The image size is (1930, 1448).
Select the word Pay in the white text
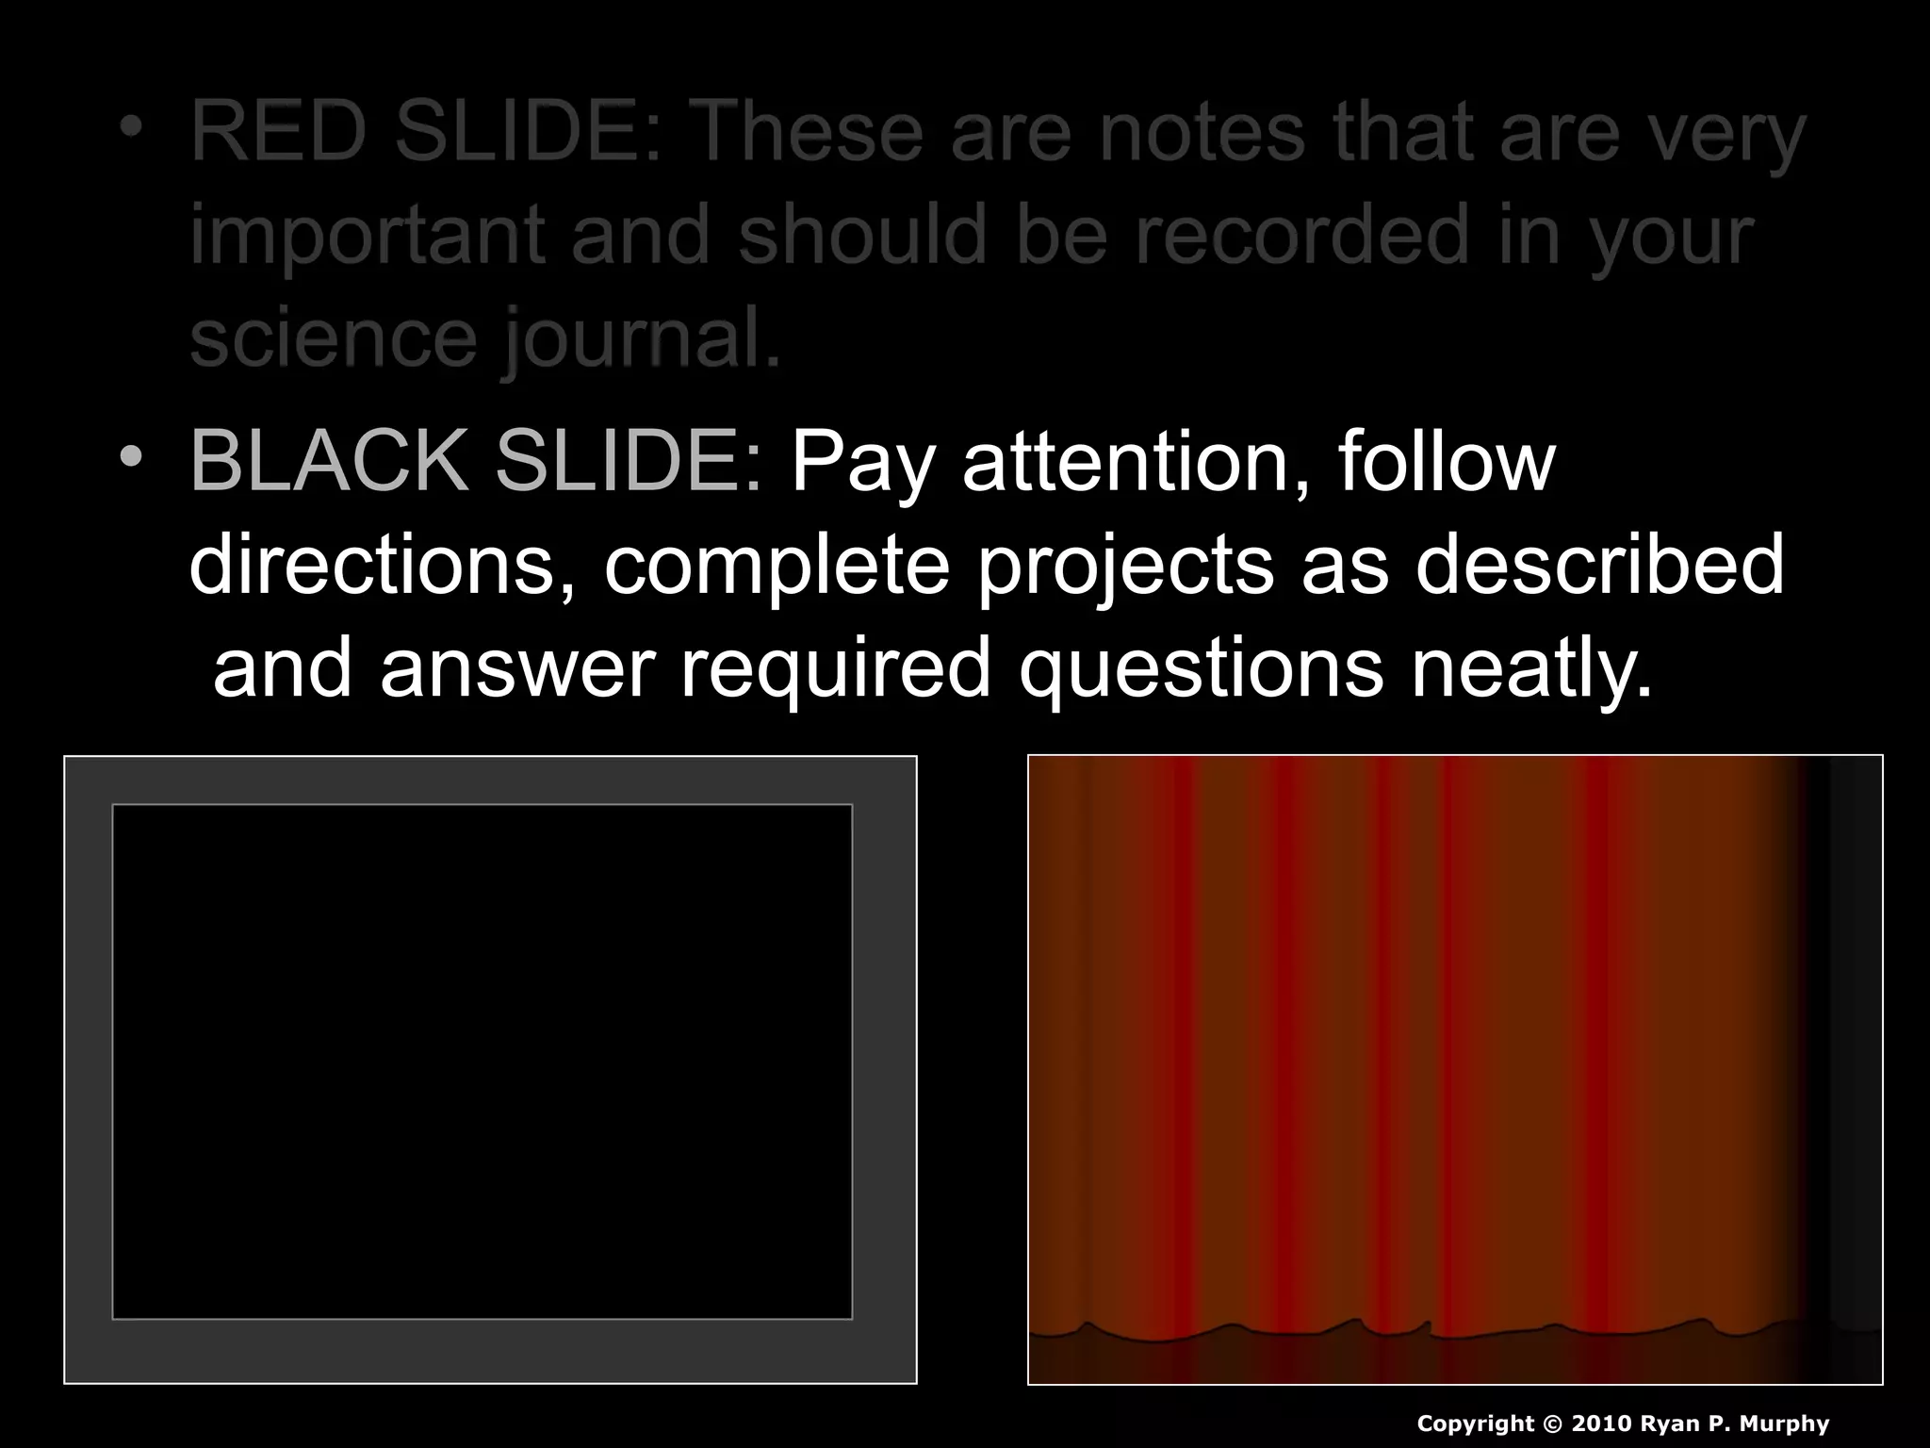(x=863, y=464)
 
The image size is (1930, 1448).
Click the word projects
(x=1125, y=568)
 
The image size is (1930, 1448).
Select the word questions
(x=1202, y=669)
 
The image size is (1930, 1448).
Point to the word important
(x=368, y=237)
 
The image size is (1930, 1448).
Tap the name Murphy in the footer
(x=1783, y=1423)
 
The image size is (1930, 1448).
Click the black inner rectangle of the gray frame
(x=482, y=1061)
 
